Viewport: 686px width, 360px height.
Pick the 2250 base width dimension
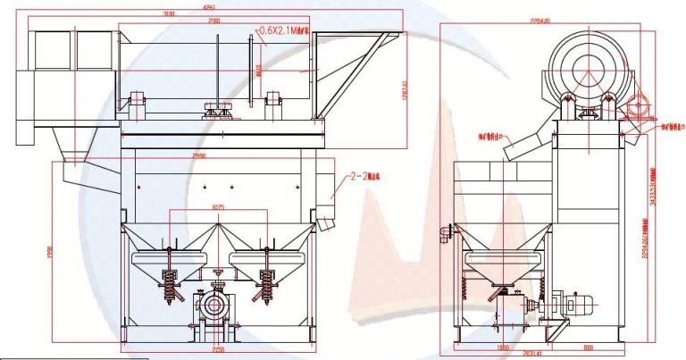tap(218, 351)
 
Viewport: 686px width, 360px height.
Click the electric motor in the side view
tap(573, 305)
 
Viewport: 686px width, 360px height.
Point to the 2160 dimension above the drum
tap(214, 20)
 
